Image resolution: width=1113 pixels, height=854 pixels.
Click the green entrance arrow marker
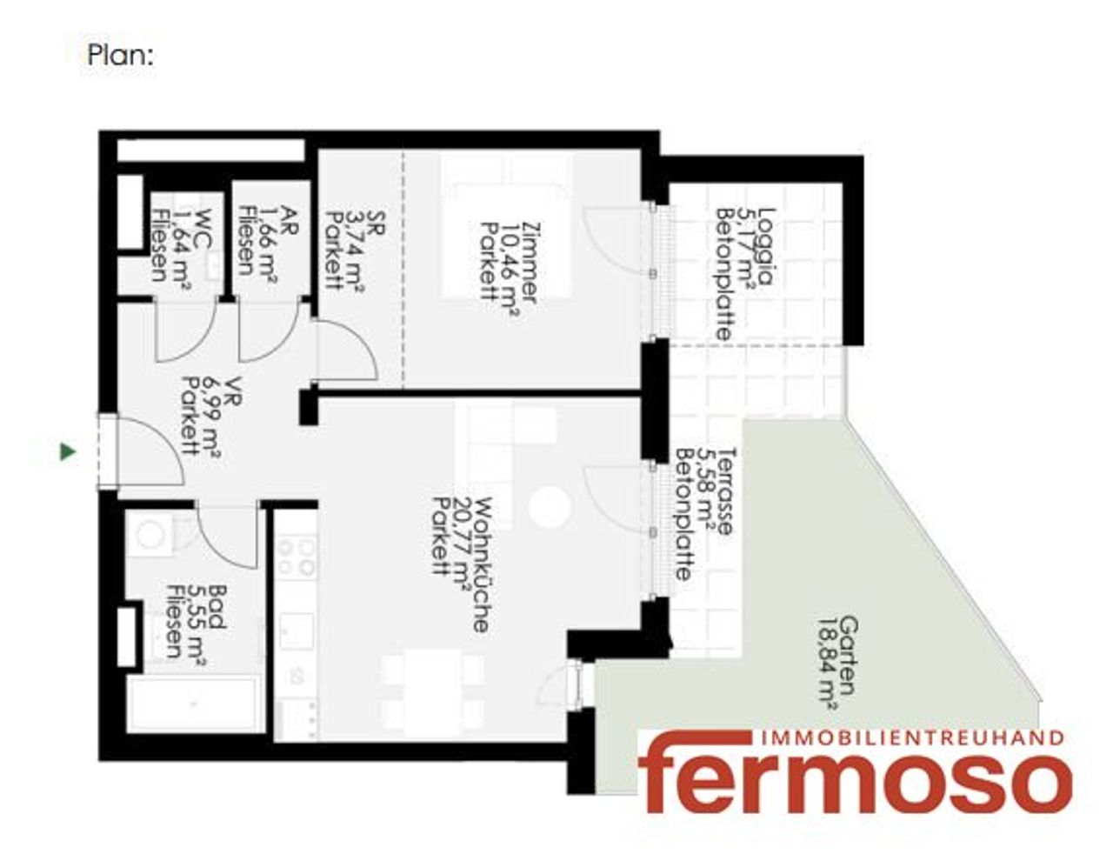point(68,451)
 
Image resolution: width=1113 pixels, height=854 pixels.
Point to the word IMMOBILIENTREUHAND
point(913,738)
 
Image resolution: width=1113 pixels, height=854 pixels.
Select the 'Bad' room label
point(217,607)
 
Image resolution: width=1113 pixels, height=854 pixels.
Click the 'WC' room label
point(203,229)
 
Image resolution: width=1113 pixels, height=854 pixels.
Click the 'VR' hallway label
point(236,393)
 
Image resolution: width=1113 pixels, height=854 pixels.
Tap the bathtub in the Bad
point(194,704)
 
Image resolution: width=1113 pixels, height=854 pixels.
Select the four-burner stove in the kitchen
point(296,557)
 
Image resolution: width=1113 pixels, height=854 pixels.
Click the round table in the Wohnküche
point(549,507)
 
